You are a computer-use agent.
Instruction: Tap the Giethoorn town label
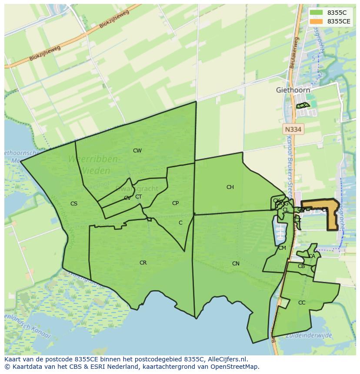click(293, 90)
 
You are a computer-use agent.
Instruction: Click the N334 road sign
click(293, 129)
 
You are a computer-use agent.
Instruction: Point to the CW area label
click(137, 151)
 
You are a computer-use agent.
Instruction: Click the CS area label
click(74, 203)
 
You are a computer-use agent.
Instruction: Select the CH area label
click(230, 187)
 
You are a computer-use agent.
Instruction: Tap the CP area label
click(175, 203)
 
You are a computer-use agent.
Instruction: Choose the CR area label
click(143, 263)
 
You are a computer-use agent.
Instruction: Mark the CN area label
click(236, 264)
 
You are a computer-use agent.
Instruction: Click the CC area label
click(302, 303)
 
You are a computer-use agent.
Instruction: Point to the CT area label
click(138, 196)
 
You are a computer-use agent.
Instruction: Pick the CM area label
click(282, 248)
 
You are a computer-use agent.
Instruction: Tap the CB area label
click(301, 266)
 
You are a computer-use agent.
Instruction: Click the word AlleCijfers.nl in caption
click(226, 359)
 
